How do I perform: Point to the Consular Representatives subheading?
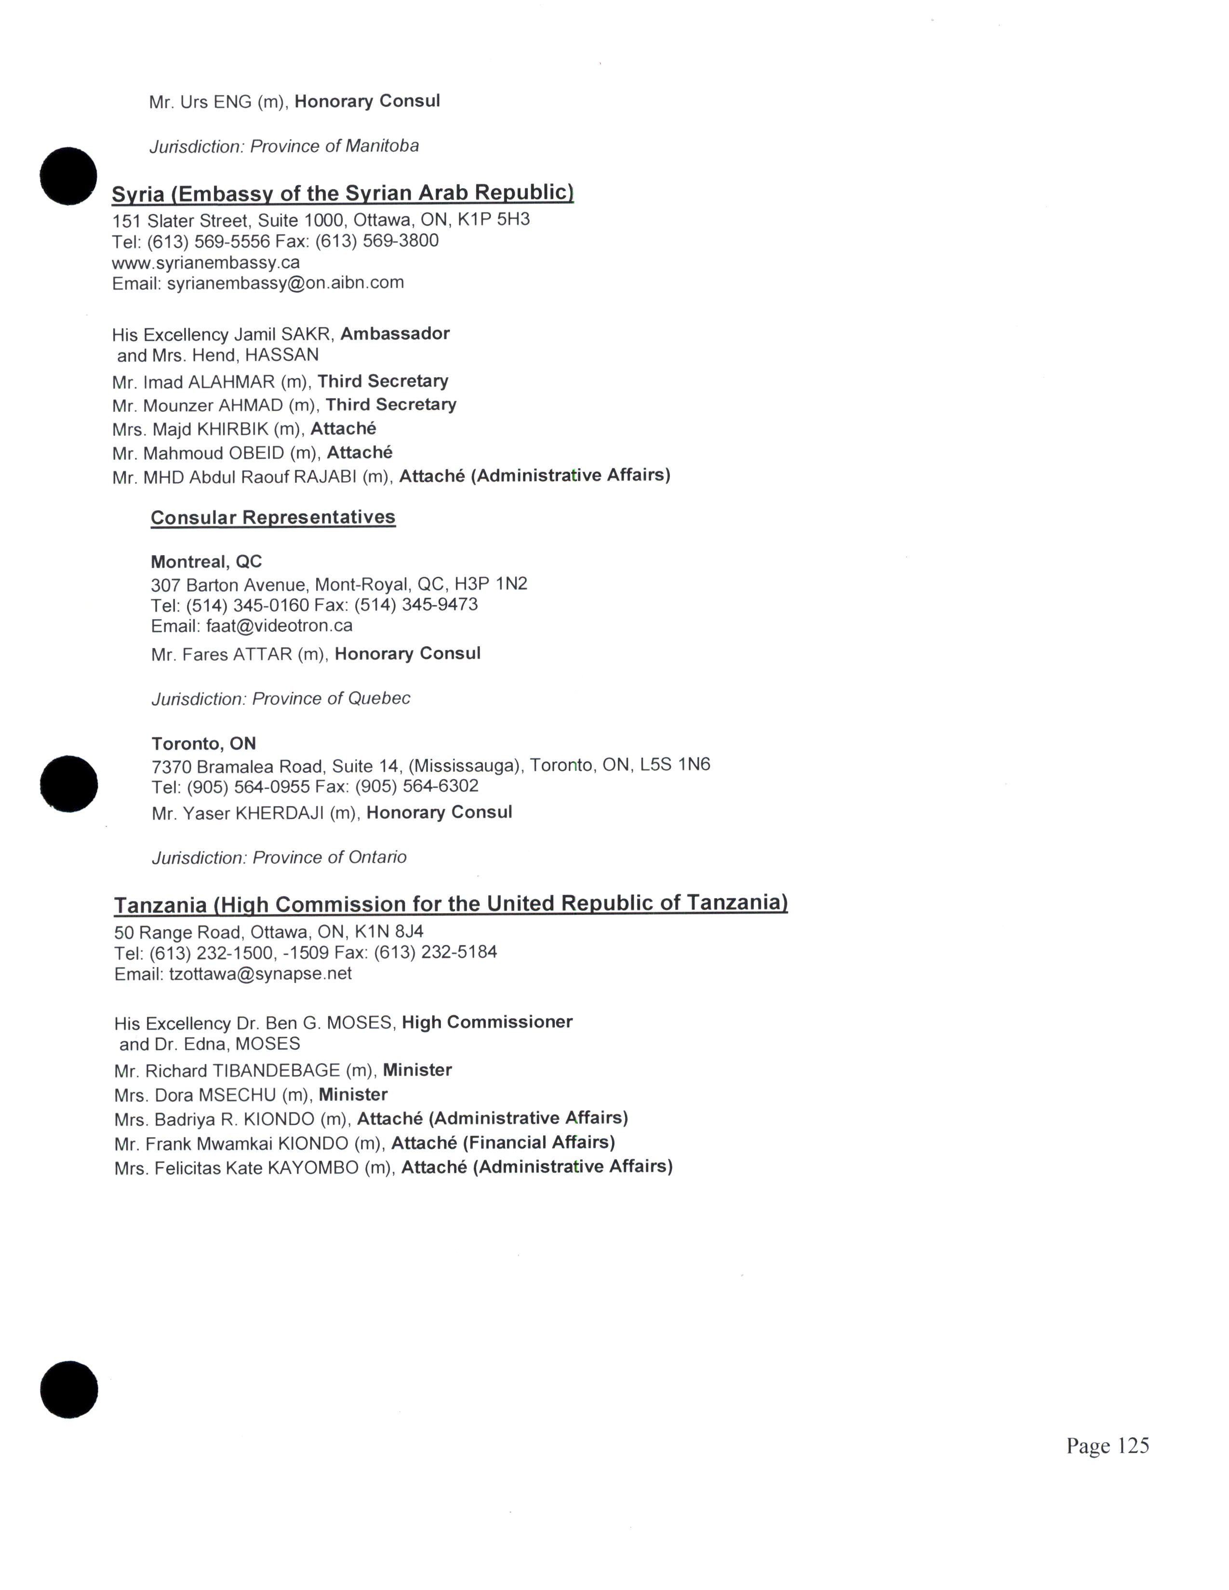(273, 517)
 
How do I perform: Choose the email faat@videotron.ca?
(279, 626)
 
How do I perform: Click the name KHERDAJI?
(279, 813)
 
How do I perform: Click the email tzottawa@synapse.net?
(260, 974)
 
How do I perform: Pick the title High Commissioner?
(487, 1022)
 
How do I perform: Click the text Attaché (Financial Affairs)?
(503, 1142)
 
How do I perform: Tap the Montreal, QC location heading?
(206, 562)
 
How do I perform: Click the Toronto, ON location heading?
(204, 743)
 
